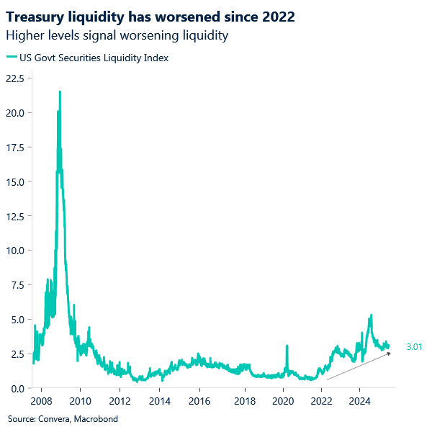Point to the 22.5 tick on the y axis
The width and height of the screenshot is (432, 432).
(16, 78)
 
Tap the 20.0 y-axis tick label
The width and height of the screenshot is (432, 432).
(16, 113)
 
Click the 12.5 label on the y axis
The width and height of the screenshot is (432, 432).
(16, 216)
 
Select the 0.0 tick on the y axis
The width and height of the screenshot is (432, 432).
(18, 389)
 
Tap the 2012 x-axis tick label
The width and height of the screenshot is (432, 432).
(120, 401)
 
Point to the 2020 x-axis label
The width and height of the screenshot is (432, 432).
(282, 401)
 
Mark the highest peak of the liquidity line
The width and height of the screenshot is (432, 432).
(60, 92)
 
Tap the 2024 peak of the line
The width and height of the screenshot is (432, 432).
(370, 315)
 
